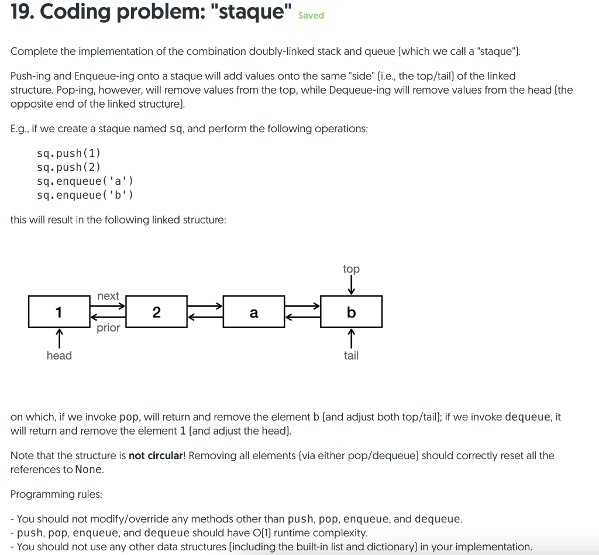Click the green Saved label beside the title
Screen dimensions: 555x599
coord(311,16)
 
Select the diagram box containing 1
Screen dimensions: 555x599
coord(59,312)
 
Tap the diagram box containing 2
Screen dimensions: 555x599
coord(156,312)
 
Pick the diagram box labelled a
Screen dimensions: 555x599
coord(254,312)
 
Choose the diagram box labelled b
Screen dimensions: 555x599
coord(351,312)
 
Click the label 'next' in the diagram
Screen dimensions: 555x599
coord(108,296)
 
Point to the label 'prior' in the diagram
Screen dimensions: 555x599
coord(108,328)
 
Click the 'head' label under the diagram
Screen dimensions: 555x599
coord(59,356)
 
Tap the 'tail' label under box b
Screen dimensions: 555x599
coord(351,356)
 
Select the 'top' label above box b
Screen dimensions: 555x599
coord(351,269)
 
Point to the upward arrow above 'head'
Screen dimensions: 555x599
coord(59,338)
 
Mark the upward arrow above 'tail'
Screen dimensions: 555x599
coord(351,338)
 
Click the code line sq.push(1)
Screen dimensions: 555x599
coord(68,153)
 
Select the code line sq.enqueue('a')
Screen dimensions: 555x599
coord(85,181)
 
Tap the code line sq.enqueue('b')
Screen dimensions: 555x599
coord(85,195)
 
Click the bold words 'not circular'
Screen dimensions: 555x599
coord(155,456)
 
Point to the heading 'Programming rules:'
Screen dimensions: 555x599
coord(56,494)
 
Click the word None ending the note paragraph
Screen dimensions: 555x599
coord(89,470)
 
